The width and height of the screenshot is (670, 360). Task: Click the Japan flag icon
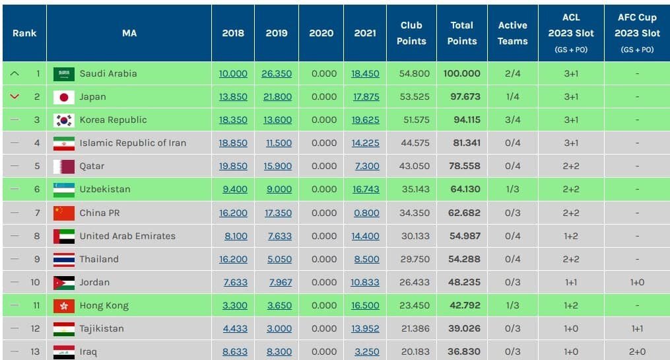point(63,97)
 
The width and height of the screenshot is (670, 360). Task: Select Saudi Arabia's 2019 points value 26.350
point(277,73)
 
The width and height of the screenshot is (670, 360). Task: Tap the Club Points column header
point(411,33)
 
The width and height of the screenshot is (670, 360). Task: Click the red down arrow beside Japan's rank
point(15,96)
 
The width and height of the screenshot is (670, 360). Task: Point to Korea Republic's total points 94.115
point(467,120)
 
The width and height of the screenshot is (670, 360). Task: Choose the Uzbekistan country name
point(105,189)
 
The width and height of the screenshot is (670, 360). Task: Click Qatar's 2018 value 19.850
point(233,166)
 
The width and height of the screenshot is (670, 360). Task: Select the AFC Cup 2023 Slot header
point(637,33)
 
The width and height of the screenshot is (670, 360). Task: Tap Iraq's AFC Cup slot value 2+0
point(637,351)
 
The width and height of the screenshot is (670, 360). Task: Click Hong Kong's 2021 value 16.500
point(365,305)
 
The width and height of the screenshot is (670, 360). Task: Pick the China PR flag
point(63,213)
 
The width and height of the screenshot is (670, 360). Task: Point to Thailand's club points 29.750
point(415,259)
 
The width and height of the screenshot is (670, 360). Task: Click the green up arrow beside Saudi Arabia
point(15,73)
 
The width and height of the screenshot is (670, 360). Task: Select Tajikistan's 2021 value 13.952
point(365,328)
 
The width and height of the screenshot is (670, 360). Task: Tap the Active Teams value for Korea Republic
point(512,120)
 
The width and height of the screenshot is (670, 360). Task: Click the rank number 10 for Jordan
point(35,282)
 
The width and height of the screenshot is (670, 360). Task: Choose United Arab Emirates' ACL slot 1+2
point(571,236)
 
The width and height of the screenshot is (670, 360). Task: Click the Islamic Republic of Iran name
point(133,143)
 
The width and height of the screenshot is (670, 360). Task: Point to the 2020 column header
point(321,33)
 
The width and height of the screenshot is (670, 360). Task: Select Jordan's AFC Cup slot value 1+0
point(637,282)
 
